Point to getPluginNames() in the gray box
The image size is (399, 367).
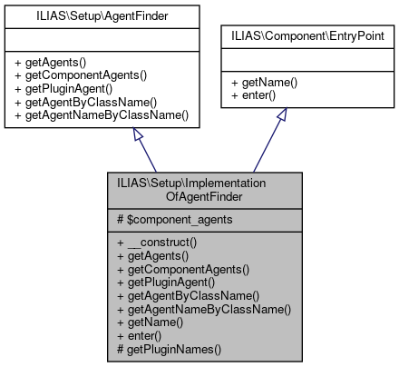pyautogui.click(x=170, y=348)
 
